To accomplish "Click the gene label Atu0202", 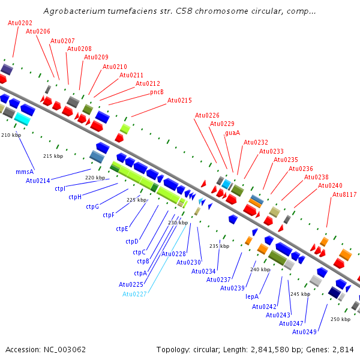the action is pos(20,23).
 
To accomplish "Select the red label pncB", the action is pos(157,92).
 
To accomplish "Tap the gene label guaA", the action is pos(232,133).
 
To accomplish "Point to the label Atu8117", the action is pos(344,194).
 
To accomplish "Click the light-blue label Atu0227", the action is pos(134,294).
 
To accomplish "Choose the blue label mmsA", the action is pos(25,172).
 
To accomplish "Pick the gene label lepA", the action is pos(252,296).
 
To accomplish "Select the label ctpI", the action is pos(60,189).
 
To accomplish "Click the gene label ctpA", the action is pos(140,273).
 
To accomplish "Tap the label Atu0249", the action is pos(304,332).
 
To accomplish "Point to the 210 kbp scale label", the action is pos(11,135).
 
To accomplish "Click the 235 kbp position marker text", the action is pos(219,246).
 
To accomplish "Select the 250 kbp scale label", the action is pos(340,319).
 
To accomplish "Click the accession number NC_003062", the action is pos(65,350).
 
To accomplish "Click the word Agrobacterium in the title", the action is pos(74,11).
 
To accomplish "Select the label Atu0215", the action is pos(179,100).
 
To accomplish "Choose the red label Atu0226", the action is pos(207,115).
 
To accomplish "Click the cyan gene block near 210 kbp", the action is pos(22,119).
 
